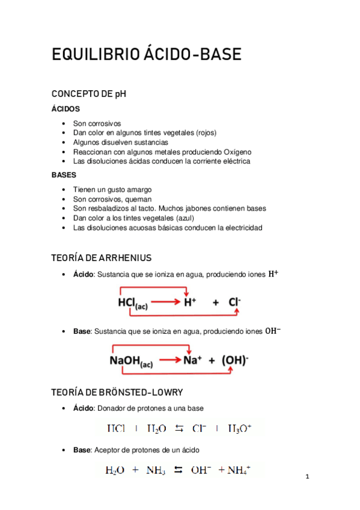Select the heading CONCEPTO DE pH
89,94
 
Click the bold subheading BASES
64,175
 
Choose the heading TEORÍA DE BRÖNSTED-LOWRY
117,392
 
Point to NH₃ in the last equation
157,470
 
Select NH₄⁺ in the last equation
239,470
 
